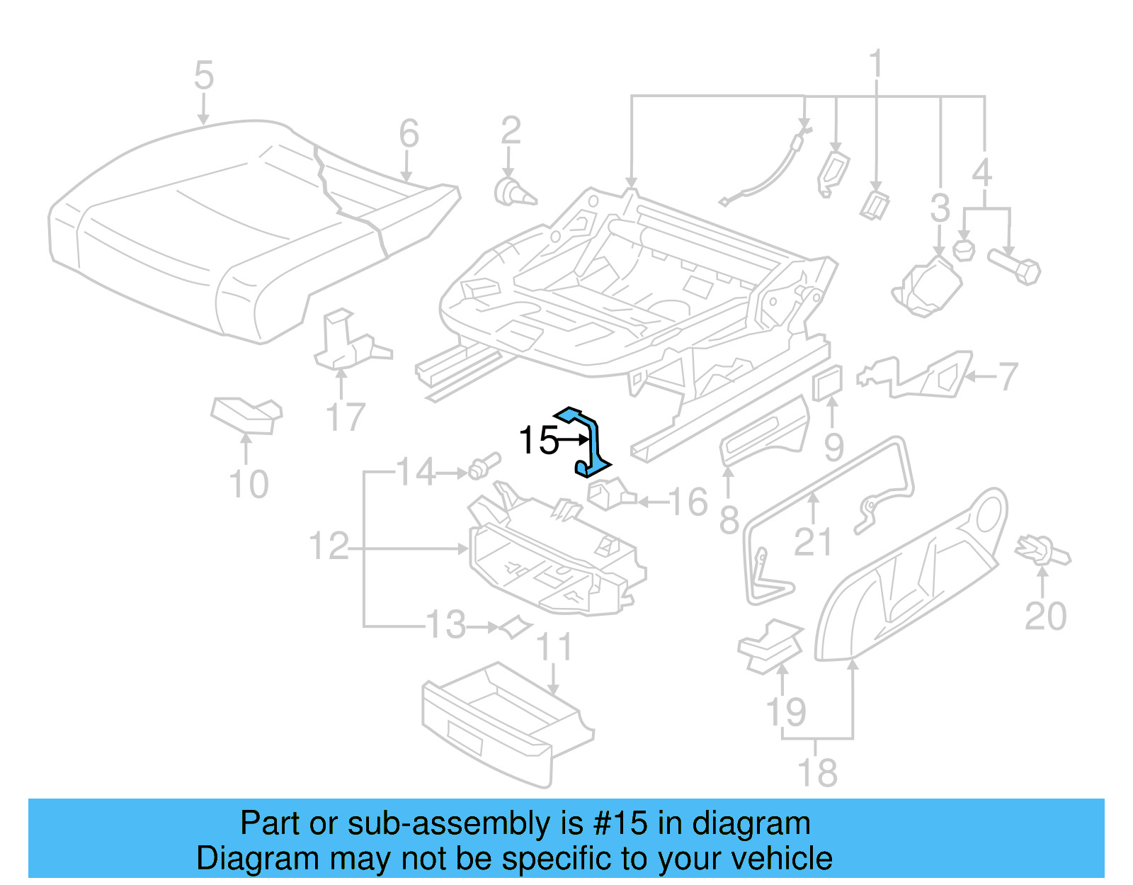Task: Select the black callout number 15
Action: [x=539, y=441]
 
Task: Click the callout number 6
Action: [x=409, y=133]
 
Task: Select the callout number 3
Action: [x=940, y=208]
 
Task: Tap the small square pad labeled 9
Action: [x=828, y=383]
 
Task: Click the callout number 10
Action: [x=249, y=485]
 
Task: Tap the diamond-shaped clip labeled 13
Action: [x=516, y=626]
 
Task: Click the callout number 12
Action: [x=329, y=547]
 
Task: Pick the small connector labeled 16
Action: [x=609, y=493]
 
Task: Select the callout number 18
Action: [x=817, y=772]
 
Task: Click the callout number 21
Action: [x=812, y=542]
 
